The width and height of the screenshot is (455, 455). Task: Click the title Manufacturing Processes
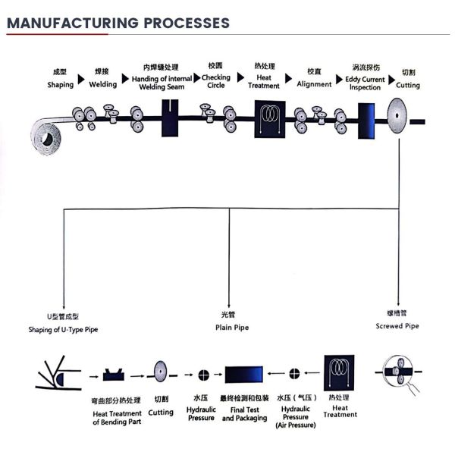118,22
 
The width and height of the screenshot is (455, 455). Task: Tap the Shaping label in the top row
61,80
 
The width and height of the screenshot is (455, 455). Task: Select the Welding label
103,80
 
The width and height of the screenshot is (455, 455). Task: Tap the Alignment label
314,79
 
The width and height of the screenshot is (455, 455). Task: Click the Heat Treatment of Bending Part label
117,413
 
